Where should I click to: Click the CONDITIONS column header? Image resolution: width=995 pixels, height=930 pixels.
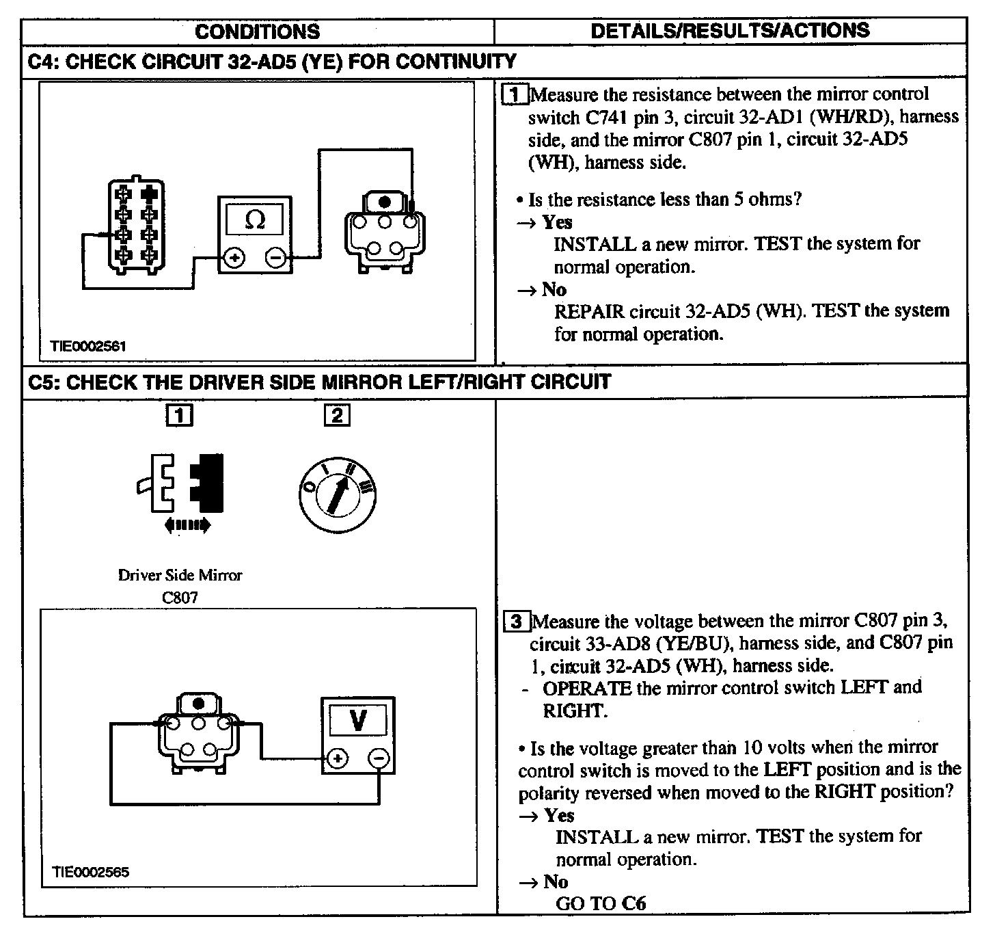click(x=258, y=31)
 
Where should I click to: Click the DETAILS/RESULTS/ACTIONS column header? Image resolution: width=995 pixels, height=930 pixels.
click(x=730, y=30)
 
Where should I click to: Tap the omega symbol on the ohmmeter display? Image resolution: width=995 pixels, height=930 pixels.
click(x=255, y=220)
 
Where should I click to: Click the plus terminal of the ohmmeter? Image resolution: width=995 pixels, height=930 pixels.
click(x=234, y=258)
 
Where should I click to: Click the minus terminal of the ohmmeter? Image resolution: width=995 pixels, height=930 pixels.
click(x=276, y=258)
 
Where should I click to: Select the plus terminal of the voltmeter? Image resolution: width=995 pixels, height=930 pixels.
click(x=338, y=758)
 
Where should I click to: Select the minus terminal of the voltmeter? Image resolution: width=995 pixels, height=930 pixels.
click(x=379, y=758)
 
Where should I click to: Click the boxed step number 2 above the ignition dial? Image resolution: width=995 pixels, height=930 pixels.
click(x=337, y=415)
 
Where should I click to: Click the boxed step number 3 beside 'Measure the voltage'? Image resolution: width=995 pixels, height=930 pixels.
click(x=517, y=622)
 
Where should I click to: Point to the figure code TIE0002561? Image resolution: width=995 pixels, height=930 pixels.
click(x=88, y=346)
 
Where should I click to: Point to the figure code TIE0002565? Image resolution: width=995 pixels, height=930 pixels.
click(x=90, y=872)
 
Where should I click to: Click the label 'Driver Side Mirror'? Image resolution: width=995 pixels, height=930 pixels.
click(x=180, y=575)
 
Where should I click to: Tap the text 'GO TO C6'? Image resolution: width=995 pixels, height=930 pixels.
click(x=601, y=903)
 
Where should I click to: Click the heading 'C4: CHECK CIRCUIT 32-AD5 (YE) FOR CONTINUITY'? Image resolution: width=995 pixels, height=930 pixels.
click(x=272, y=62)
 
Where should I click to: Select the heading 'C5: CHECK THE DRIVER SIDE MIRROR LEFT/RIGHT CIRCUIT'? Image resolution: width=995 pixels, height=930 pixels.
click(x=319, y=382)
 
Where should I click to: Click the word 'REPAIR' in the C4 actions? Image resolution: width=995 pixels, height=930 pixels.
click(x=588, y=311)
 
